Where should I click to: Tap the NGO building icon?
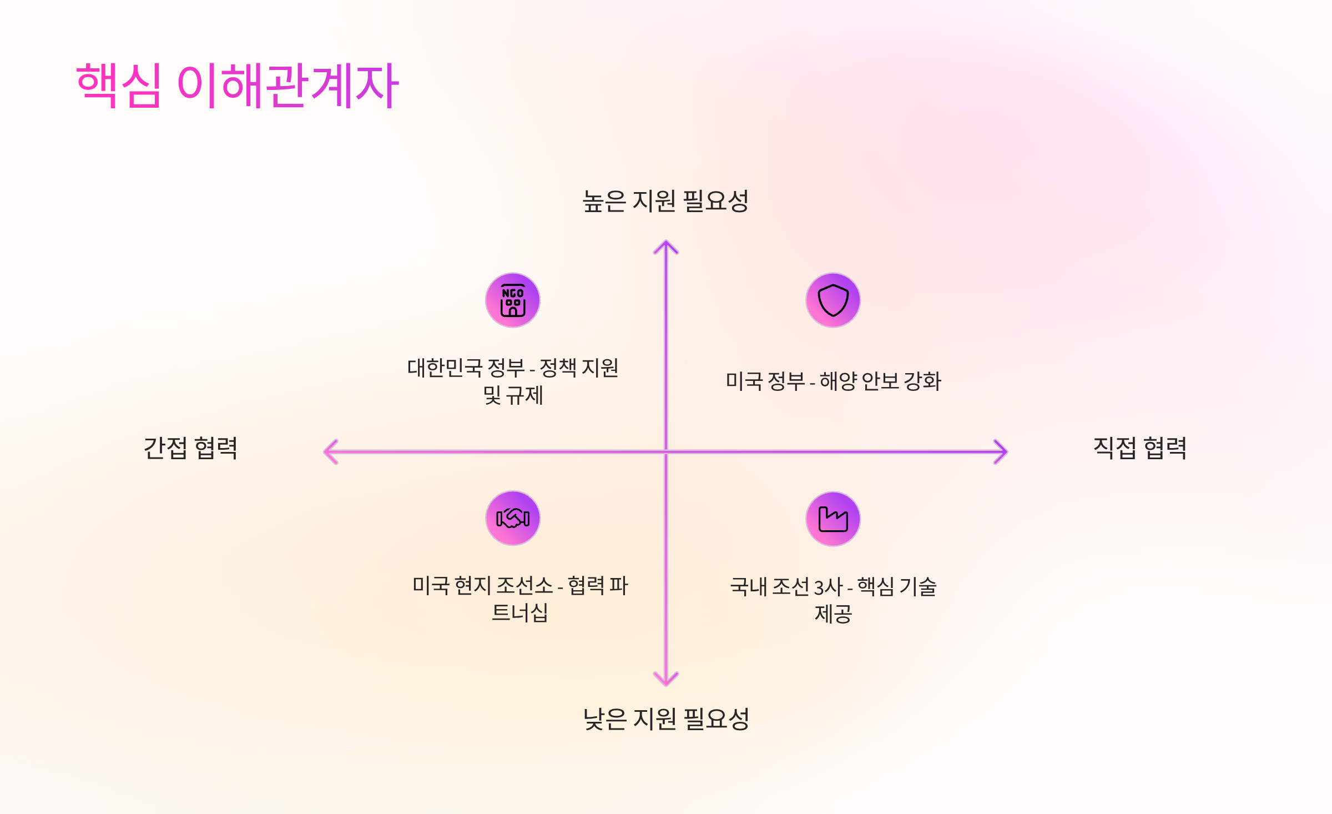coord(513,300)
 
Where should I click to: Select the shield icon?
coord(833,300)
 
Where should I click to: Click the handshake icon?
coord(513,519)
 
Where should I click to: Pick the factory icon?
coord(833,519)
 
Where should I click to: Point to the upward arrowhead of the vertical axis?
coord(666,245)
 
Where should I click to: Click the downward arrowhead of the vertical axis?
coord(666,680)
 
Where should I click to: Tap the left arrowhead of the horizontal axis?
coord(329,452)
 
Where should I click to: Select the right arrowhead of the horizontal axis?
coord(1002,452)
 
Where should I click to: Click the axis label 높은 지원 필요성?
coord(665,201)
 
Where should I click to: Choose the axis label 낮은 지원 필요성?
coord(666,719)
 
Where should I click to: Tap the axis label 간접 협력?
coord(190,448)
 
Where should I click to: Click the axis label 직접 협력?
coord(1140,448)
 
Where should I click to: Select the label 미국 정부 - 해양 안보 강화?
coord(833,381)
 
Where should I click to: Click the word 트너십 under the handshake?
coord(520,613)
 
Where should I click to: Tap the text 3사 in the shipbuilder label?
coord(828,587)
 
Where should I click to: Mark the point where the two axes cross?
coord(666,452)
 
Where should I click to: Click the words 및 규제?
coord(513,395)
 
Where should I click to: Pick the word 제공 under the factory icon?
coord(833,614)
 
